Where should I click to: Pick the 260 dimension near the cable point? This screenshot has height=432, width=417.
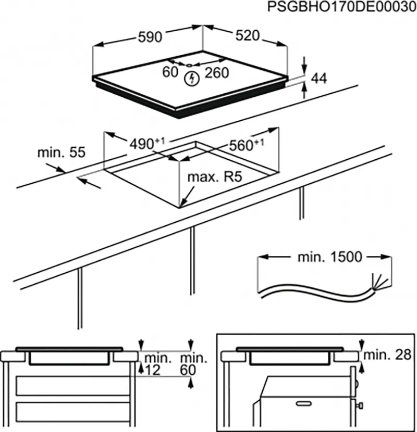point(216,73)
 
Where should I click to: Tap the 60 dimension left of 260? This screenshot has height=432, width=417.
point(170,72)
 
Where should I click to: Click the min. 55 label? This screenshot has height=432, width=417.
point(61,153)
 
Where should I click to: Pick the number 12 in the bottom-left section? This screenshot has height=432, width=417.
point(152,370)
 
